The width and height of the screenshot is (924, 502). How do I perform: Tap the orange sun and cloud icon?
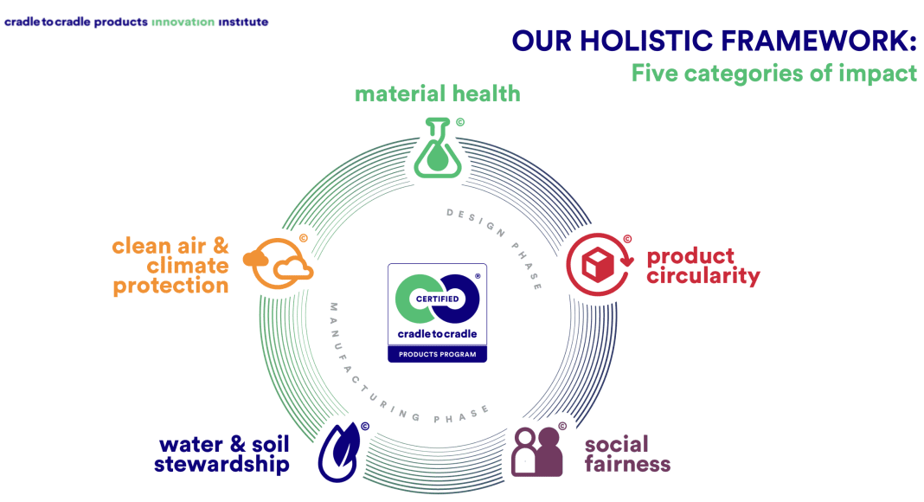click(x=278, y=263)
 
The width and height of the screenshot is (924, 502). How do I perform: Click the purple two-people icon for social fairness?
click(x=537, y=452)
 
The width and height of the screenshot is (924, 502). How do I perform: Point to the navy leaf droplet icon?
click(x=340, y=452)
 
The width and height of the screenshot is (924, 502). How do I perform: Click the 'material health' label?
click(x=437, y=93)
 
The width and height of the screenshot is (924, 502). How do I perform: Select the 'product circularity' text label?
click(x=703, y=267)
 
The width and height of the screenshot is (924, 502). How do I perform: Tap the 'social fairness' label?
click(x=627, y=454)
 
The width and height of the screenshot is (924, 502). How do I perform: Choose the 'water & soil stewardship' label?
click(x=222, y=454)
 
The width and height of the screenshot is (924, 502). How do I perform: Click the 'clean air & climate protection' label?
click(x=170, y=265)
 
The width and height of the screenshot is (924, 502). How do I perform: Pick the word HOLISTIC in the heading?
click(x=646, y=42)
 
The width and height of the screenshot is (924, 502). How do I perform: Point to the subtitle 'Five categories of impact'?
click(x=773, y=74)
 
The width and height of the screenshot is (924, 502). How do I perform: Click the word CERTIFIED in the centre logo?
click(x=437, y=299)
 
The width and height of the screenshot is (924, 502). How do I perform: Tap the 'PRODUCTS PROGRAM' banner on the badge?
click(x=437, y=354)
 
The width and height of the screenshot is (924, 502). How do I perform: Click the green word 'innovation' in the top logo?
click(x=183, y=23)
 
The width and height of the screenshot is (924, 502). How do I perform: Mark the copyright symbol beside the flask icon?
click(x=460, y=123)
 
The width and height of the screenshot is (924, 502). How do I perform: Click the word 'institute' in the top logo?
click(x=243, y=23)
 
